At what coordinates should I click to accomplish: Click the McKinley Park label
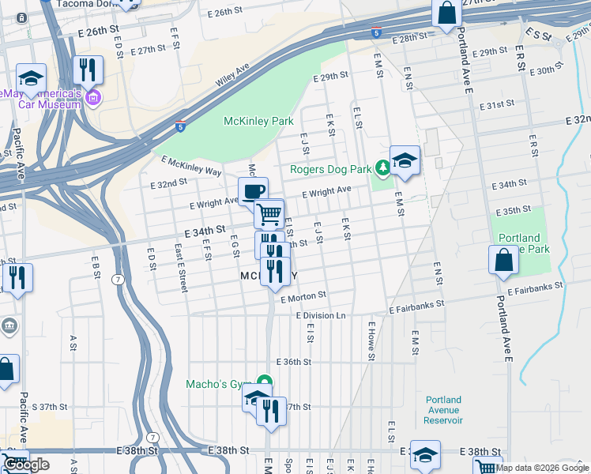pyautogui.click(x=258, y=121)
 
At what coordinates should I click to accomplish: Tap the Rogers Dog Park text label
pyautogui.click(x=331, y=168)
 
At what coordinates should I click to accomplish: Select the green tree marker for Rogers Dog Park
pyautogui.click(x=382, y=167)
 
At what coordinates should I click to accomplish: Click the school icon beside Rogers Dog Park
pyautogui.click(x=405, y=160)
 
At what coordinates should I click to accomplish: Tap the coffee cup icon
pyautogui.click(x=254, y=191)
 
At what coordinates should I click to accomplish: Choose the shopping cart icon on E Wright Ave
pyautogui.click(x=269, y=213)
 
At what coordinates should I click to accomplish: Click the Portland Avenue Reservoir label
pyautogui.click(x=442, y=410)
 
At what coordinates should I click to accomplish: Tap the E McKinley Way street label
pyautogui.click(x=191, y=165)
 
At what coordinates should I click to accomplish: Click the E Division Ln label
pyautogui.click(x=322, y=315)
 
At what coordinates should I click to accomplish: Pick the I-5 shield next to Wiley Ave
pyautogui.click(x=182, y=125)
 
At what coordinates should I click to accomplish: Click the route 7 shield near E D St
pyautogui.click(x=118, y=280)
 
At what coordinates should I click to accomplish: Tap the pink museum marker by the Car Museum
pyautogui.click(x=93, y=98)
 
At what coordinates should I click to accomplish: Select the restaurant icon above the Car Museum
pyautogui.click(x=88, y=70)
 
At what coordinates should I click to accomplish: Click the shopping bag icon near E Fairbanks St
pyautogui.click(x=503, y=261)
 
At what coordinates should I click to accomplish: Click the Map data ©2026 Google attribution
pyautogui.click(x=542, y=468)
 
